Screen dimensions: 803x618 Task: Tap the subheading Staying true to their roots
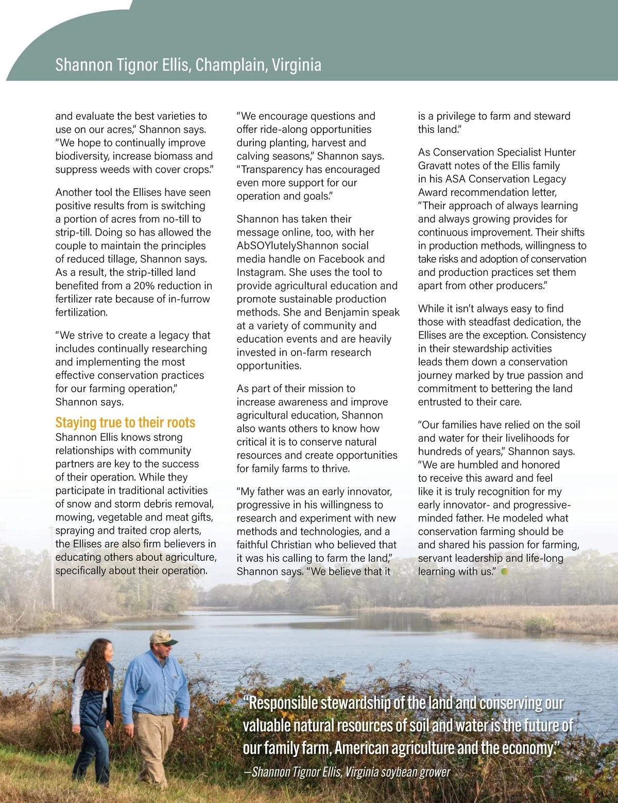coord(125,423)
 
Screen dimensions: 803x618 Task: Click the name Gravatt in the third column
coord(437,165)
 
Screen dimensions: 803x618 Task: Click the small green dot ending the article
coord(505,571)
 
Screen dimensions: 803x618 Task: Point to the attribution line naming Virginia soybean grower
coord(350,772)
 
